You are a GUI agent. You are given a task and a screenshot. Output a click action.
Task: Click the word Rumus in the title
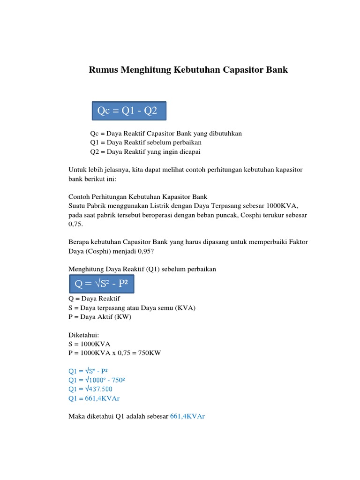pos(104,70)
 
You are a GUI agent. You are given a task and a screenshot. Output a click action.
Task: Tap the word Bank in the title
pos(275,70)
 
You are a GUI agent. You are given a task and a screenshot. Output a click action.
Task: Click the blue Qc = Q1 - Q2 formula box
pos(128,111)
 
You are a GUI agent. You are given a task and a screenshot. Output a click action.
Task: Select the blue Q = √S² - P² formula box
pos(101,283)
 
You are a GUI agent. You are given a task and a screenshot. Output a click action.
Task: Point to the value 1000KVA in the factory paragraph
pos(282,206)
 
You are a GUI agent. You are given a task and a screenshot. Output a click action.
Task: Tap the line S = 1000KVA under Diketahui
pos(89,344)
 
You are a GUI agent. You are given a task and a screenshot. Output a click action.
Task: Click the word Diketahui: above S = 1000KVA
pos(84,335)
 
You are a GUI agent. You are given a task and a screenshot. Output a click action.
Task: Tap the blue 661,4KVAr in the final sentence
pos(187,416)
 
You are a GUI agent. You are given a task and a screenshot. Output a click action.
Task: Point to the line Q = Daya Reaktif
pos(94,299)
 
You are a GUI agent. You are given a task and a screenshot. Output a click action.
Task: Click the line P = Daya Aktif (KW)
pos(100,317)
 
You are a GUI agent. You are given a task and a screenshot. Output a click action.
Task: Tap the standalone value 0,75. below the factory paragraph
pos(75,224)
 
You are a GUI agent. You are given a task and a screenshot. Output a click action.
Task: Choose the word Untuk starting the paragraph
pos(77,170)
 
